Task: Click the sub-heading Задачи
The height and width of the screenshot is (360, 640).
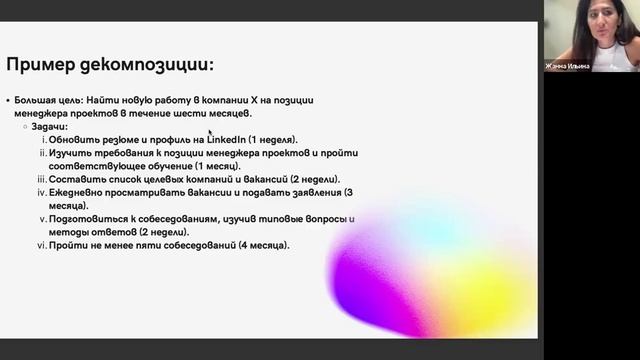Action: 49,126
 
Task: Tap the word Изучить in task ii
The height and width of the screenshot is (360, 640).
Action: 71,153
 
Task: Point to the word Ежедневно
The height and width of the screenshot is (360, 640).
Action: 81,192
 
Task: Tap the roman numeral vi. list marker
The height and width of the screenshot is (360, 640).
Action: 41,245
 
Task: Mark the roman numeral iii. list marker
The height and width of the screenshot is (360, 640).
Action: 41,179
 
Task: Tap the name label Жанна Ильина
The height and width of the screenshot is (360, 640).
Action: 568,66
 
